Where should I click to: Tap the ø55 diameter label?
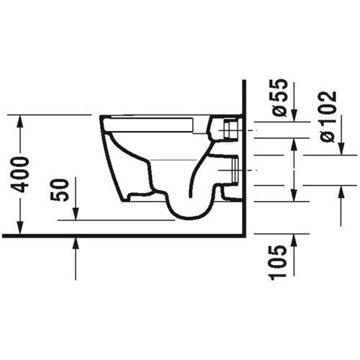pos(280,98)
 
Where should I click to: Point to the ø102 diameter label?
pos(328,115)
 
